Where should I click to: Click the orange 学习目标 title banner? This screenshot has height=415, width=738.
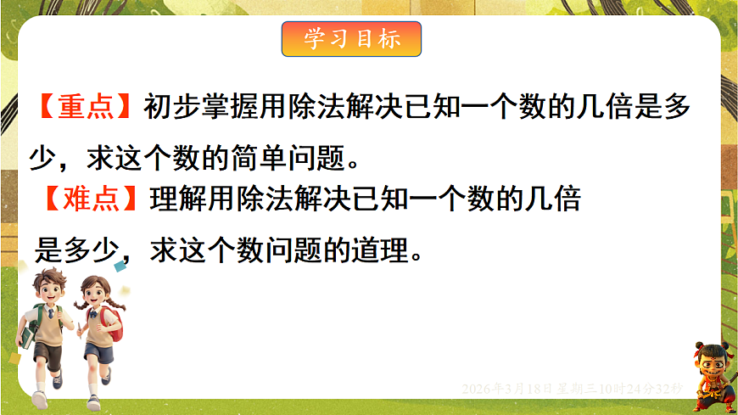[x=351, y=39]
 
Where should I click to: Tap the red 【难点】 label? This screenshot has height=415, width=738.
[x=89, y=199]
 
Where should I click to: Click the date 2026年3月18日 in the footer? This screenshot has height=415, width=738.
[x=506, y=389]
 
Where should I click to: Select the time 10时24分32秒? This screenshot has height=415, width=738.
[x=641, y=389]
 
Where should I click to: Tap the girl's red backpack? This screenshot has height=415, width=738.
[x=113, y=322]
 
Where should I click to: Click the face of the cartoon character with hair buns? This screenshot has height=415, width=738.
[x=711, y=366]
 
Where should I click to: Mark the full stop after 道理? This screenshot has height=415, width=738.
[x=415, y=255]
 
